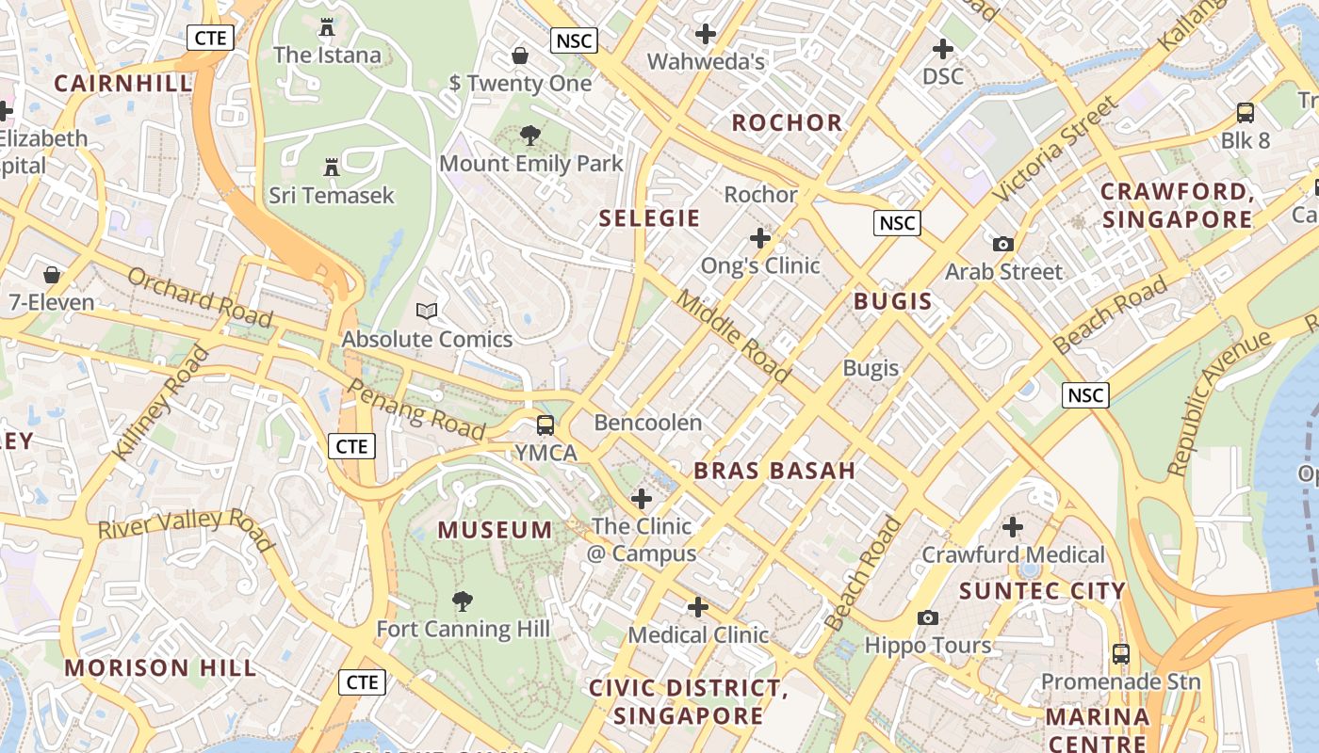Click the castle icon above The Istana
coord(327,27)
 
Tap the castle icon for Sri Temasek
coord(332,168)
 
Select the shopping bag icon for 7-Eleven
coord(52,275)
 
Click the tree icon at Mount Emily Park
coord(530,136)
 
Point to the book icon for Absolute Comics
coord(427,311)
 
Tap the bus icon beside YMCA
coord(546,425)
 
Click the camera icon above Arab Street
coord(1003,244)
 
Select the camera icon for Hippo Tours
coord(928,617)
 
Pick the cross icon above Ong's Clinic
coord(759,238)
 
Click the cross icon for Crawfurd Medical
coord(1013,527)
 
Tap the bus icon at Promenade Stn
coord(1120,653)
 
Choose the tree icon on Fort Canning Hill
coord(463,601)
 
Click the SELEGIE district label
coord(650,218)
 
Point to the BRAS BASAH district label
coord(774,471)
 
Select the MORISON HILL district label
coord(160,668)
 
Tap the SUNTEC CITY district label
coord(1042,591)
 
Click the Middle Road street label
coord(734,336)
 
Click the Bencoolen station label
coord(648,423)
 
